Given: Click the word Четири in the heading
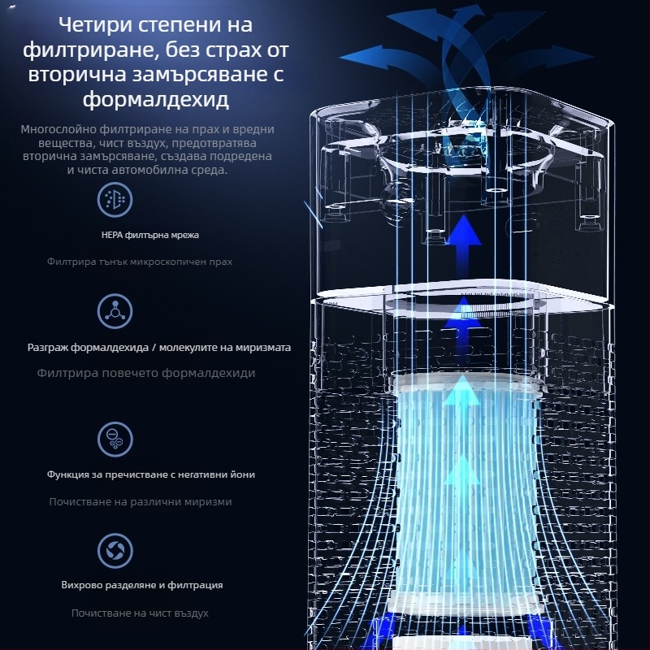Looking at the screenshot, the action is tap(95, 25).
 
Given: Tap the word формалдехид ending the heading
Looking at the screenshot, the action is tap(155, 99).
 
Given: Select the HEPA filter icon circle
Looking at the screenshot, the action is tap(115, 200).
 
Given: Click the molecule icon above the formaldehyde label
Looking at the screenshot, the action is tap(115, 311).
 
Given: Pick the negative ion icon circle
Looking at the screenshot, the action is tap(115, 439).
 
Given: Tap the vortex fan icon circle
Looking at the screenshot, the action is tap(115, 551).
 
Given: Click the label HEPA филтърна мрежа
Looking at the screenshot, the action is tap(150, 235).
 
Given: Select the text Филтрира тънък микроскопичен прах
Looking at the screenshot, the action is tap(140, 262).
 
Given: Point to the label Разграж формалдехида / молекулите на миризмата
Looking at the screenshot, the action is tap(159, 348).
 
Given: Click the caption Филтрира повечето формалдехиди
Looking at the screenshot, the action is tap(146, 373).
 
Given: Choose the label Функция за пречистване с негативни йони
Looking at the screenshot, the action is tap(151, 474).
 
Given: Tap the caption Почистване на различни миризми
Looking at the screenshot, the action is tap(141, 502).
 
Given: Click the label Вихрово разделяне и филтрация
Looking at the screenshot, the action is tap(142, 585).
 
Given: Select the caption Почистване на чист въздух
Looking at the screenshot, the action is tap(140, 613).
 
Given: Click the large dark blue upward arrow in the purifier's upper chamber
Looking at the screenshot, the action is tap(463, 248).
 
